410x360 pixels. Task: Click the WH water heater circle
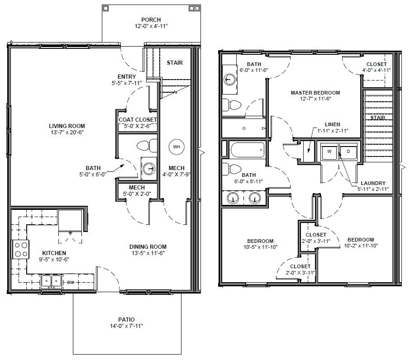[x=176, y=147]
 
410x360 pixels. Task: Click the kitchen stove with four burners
[x=21, y=250]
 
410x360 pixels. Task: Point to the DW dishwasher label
[x=71, y=282]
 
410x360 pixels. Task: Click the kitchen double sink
[x=51, y=282]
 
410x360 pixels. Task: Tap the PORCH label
[x=151, y=19]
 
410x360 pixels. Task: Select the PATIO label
[x=126, y=319]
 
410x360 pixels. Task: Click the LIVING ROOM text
[x=67, y=126]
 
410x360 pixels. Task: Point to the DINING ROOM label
[x=148, y=246]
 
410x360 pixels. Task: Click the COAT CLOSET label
[x=138, y=120]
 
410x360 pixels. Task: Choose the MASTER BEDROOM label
[x=315, y=92]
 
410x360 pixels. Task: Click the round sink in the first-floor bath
[x=149, y=169]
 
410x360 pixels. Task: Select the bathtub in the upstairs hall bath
[x=248, y=150]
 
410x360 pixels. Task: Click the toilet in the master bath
[x=231, y=105]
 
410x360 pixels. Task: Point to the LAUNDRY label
[x=373, y=183]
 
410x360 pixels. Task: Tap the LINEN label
[x=332, y=124]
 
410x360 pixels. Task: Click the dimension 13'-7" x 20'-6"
[x=67, y=132]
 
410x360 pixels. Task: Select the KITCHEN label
[x=54, y=253]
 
